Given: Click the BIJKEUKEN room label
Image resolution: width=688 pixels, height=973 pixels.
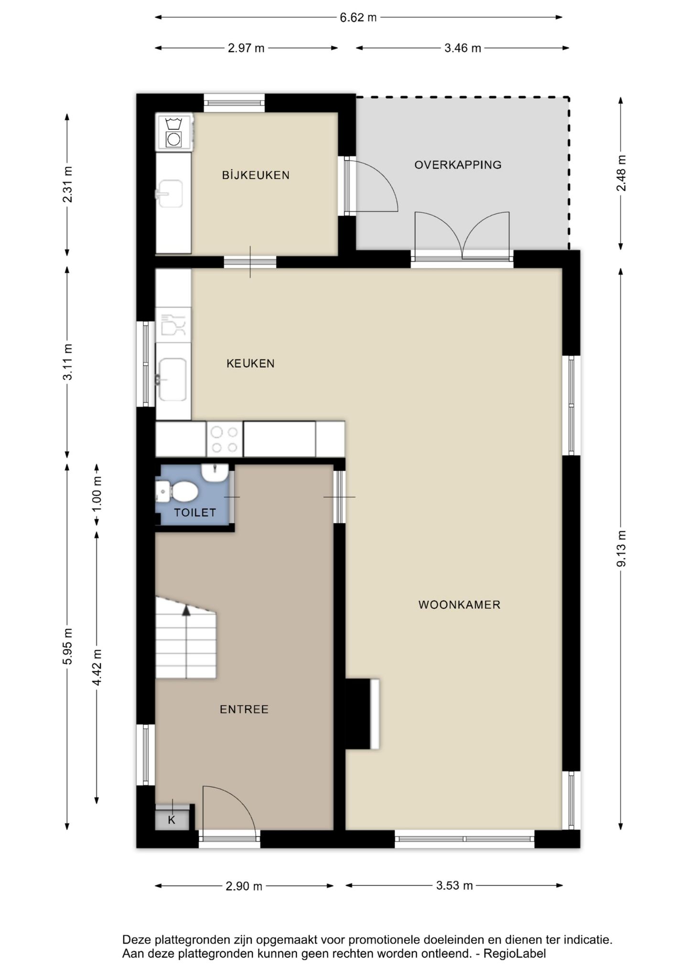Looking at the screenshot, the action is click(256, 175).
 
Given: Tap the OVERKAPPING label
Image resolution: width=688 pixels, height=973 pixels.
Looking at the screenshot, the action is click(458, 165).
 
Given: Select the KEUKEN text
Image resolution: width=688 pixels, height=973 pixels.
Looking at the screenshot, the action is click(250, 363).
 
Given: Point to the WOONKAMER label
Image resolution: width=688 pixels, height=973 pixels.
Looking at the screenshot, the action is click(459, 605).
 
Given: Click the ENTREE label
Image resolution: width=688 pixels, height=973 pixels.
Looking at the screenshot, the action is click(244, 709).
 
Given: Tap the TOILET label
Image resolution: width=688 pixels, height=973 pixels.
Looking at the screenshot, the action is click(195, 512).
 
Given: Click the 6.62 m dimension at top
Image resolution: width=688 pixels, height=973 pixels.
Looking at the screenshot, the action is click(358, 18).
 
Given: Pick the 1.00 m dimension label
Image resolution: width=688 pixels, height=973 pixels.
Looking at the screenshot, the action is click(97, 493).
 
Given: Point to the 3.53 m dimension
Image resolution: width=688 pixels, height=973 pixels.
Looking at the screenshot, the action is click(454, 886).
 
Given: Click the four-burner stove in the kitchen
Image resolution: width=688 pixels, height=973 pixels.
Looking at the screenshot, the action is click(225, 439).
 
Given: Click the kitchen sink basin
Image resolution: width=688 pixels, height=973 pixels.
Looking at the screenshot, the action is click(172, 379).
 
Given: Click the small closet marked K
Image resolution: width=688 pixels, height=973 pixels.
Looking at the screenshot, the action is click(172, 820).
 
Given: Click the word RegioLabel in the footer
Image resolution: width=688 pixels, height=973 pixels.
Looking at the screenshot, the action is click(515, 953).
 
